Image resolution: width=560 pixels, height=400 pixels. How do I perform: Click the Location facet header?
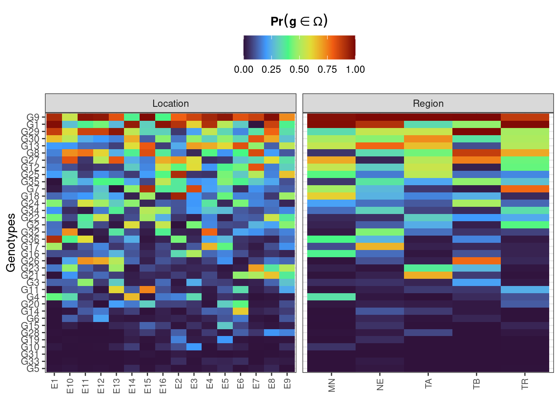pyautogui.click(x=170, y=104)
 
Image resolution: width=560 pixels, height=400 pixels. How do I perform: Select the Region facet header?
pyautogui.click(x=428, y=104)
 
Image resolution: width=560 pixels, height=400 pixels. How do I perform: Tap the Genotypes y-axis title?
pyautogui.click(x=11, y=242)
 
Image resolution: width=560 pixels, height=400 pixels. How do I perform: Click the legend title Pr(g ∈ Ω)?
pyautogui.click(x=299, y=21)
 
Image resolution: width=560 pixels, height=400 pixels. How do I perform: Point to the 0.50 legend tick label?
pyautogui.click(x=299, y=70)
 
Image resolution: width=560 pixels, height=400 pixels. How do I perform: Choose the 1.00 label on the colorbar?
pyautogui.click(x=355, y=70)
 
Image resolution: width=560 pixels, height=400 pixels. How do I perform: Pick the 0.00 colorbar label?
pyautogui.click(x=244, y=70)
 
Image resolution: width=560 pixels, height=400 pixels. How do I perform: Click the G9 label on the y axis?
pyautogui.click(x=33, y=117)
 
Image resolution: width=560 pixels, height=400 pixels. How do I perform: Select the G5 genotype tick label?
pyautogui.click(x=33, y=368)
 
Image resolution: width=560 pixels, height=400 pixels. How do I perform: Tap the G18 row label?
pyautogui.click(x=31, y=196)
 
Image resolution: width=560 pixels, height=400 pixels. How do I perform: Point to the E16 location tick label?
pyautogui.click(x=162, y=385)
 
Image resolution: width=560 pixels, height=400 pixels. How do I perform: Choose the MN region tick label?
pyautogui.click(x=331, y=384)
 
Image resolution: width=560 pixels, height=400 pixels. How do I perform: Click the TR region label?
pyautogui.click(x=525, y=384)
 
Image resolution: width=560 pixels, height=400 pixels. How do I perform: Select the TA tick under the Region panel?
pyautogui.click(x=428, y=384)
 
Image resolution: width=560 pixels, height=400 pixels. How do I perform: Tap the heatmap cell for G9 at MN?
pyautogui.click(x=331, y=117)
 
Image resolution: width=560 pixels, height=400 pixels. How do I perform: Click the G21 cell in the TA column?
pyautogui.click(x=428, y=275)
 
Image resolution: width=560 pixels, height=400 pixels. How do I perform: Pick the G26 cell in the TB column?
pyautogui.click(x=476, y=261)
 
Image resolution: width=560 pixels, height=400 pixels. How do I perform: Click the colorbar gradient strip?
pyautogui.click(x=299, y=47)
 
